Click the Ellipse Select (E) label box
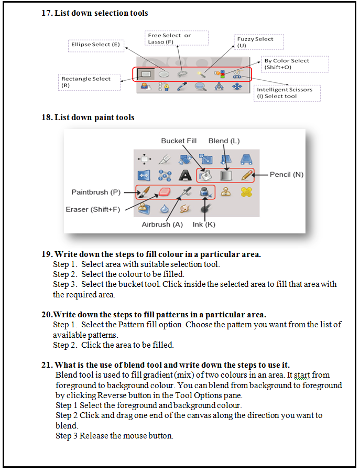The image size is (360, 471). click(x=95, y=45)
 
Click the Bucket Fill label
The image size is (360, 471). click(x=179, y=141)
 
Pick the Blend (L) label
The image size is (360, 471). click(x=224, y=141)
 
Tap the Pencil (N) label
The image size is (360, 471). click(x=287, y=174)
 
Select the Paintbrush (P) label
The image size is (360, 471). click(x=96, y=192)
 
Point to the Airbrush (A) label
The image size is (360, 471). click(x=162, y=224)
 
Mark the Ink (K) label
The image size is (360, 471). click(x=204, y=224)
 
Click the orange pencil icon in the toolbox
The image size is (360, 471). click(x=247, y=175)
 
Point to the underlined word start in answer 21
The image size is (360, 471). click(x=302, y=375)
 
